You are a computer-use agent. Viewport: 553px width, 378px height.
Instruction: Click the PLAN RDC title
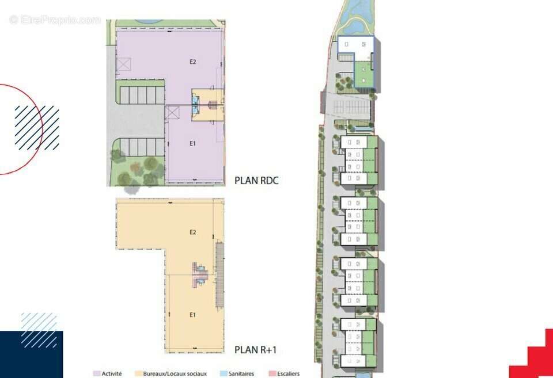[x=256, y=180]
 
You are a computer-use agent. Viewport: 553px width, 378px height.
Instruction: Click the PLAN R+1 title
[x=256, y=349]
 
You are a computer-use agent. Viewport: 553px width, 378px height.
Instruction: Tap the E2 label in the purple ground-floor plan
[x=192, y=62]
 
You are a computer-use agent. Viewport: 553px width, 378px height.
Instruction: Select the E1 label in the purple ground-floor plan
[x=192, y=143]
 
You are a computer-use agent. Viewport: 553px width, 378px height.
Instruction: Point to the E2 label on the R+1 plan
[x=192, y=232]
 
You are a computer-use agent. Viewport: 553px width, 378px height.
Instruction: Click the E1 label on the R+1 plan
[x=192, y=315]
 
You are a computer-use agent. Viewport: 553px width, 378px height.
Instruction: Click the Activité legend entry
[x=108, y=373]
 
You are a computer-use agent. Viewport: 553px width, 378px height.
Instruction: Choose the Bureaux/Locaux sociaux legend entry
[x=171, y=373]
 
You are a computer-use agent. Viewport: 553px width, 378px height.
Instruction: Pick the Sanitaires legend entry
[x=237, y=373]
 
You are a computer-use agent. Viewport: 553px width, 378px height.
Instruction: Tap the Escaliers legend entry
[x=284, y=373]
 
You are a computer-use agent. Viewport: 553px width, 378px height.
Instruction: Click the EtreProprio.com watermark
[x=55, y=20]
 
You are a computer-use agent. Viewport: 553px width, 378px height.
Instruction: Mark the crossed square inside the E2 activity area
[x=124, y=64]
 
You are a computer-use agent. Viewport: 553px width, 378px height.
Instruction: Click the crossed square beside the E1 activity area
[x=172, y=113]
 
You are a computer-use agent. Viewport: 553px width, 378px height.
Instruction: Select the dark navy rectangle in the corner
[x=31, y=354]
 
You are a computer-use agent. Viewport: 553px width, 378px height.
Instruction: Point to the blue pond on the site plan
[x=354, y=16]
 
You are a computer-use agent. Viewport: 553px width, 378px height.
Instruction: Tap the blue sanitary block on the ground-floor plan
[x=195, y=105]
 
